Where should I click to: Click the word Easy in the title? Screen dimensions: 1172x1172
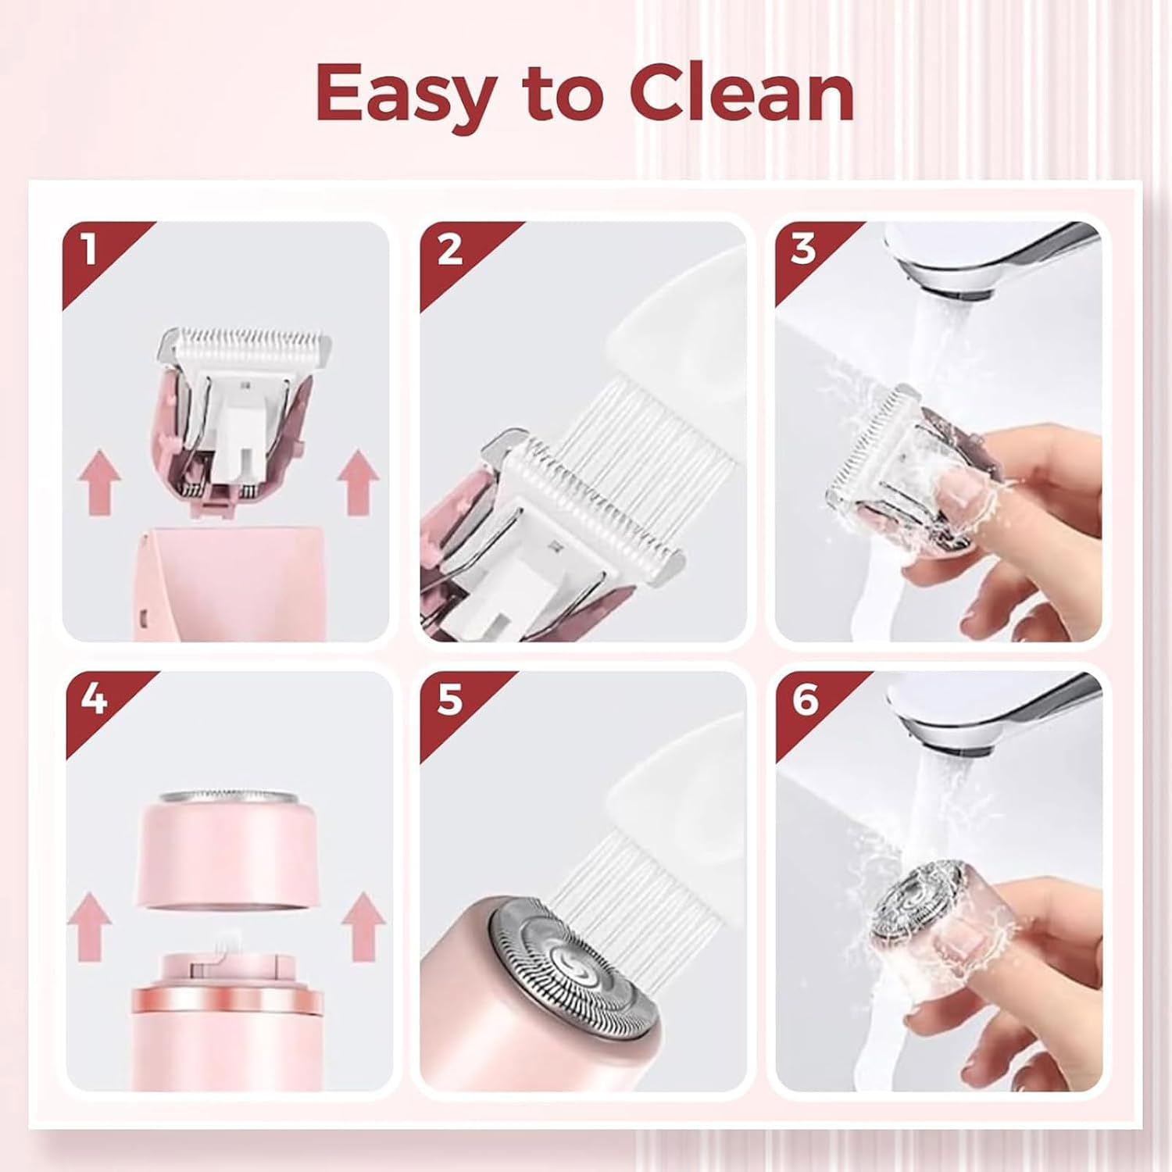(x=404, y=95)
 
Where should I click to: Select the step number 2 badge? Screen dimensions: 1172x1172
(x=448, y=251)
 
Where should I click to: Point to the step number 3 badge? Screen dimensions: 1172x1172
(x=803, y=249)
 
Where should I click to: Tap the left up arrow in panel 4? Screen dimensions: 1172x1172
(x=89, y=927)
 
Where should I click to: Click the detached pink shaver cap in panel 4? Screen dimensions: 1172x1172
(x=229, y=852)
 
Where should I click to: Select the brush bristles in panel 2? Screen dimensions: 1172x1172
(x=625, y=445)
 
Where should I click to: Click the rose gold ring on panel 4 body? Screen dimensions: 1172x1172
(x=227, y=1000)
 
